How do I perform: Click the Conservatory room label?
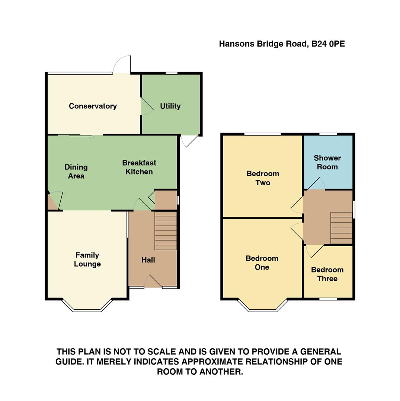tap(93, 106)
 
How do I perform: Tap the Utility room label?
tap(170, 106)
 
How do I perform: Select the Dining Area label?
tap(76, 172)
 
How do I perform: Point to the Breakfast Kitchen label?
tap(139, 167)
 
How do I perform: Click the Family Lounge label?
tap(87, 260)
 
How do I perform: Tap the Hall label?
tap(148, 260)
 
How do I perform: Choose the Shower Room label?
tap(327, 162)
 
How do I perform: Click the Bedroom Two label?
tap(263, 178)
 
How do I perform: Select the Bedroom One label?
tap(262, 263)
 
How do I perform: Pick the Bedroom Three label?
tap(327, 274)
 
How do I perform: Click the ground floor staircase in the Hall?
tap(166, 231)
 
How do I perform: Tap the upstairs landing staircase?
tap(341, 228)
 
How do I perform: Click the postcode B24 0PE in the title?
tap(328, 44)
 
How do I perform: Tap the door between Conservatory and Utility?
tap(146, 107)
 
